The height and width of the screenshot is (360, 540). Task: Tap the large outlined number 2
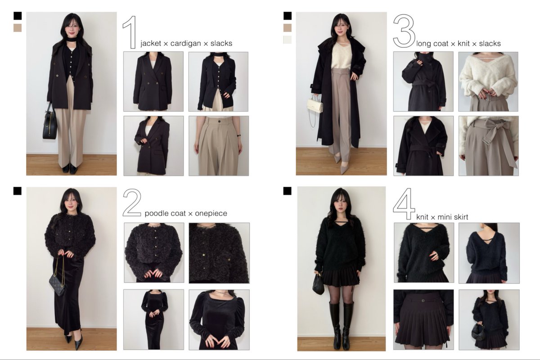[x=132, y=202]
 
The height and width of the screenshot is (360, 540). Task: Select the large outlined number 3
[x=404, y=31]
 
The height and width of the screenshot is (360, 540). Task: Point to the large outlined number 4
[x=404, y=204]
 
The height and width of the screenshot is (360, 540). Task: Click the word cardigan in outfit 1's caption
[x=185, y=43]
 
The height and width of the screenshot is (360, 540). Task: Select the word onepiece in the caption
[x=211, y=213]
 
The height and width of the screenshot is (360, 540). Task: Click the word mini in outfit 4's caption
[x=444, y=217]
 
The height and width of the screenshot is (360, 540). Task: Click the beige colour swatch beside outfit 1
[x=18, y=28]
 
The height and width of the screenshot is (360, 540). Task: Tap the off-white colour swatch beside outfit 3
[x=288, y=40]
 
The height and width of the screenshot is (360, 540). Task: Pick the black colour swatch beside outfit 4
[x=288, y=191]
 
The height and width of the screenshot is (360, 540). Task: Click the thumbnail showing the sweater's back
[x=489, y=253]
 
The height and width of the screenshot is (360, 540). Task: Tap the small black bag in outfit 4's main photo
[x=318, y=284]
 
